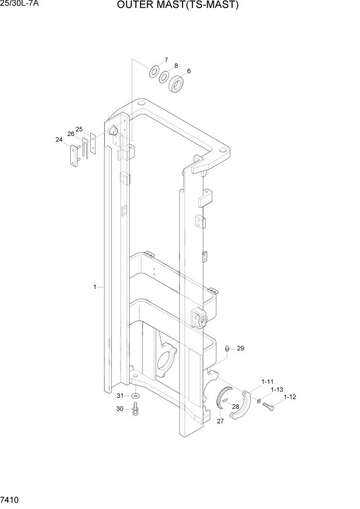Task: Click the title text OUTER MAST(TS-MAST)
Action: click(x=178, y=6)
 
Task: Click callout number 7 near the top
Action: click(x=166, y=60)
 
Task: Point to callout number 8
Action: click(x=176, y=66)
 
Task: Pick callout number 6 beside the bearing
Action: click(x=188, y=71)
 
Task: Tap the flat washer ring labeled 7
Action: click(x=153, y=71)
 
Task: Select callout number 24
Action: click(x=59, y=139)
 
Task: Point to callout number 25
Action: click(x=79, y=129)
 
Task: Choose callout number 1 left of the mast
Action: click(x=95, y=287)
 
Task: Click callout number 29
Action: click(x=241, y=348)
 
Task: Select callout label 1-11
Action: click(x=268, y=381)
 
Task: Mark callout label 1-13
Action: click(x=277, y=389)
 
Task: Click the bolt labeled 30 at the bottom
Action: click(x=135, y=409)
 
